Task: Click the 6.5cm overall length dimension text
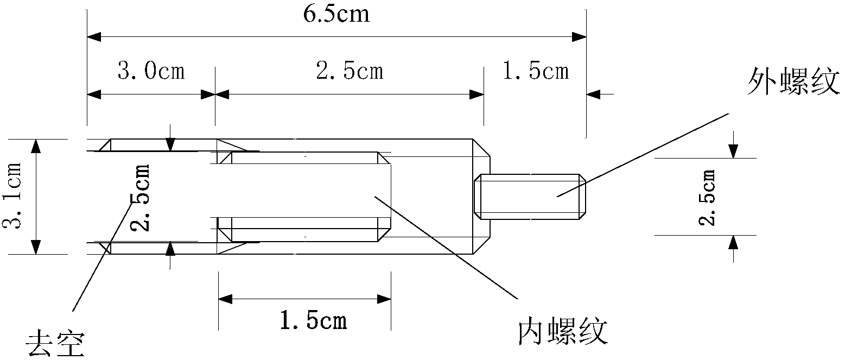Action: pos(337,14)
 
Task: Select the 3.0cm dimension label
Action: pos(151,71)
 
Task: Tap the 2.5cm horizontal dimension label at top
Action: pos(350,71)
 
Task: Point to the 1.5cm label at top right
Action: pos(536,71)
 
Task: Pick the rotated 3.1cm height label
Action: pos(12,196)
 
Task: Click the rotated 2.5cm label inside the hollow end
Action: pos(140,197)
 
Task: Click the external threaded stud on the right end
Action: pos(532,197)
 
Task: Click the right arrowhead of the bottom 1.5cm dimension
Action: pos(384,299)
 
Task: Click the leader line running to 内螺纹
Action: pos(445,247)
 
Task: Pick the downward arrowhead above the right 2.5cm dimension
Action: pos(733,151)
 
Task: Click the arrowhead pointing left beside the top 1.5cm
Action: pos(593,94)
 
